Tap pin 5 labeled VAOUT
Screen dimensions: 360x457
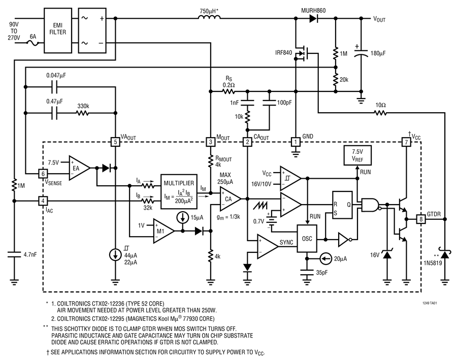click(116, 143)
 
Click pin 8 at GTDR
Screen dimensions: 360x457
click(421, 219)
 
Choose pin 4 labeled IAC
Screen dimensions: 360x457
click(43, 201)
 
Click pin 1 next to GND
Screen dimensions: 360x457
click(295, 143)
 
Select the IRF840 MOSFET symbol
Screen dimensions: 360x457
click(304, 53)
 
